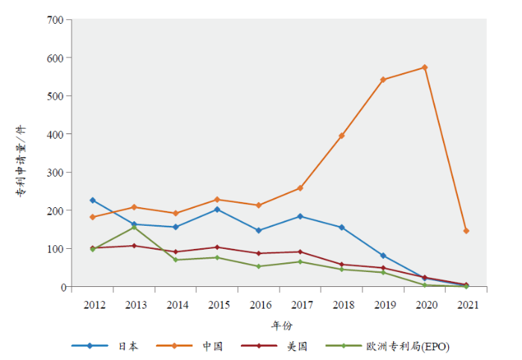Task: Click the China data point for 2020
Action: point(424,68)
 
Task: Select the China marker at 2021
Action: point(466,231)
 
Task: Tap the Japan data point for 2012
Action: point(92,200)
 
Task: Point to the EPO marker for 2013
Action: point(134,227)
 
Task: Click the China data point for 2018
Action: point(342,136)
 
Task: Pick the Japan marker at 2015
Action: point(217,209)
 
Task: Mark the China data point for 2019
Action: point(383,80)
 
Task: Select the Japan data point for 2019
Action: point(383,256)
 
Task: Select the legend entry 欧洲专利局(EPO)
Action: point(407,346)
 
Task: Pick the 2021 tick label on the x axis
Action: point(467,304)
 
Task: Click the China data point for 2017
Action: point(300,188)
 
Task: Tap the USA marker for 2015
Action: point(217,247)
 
